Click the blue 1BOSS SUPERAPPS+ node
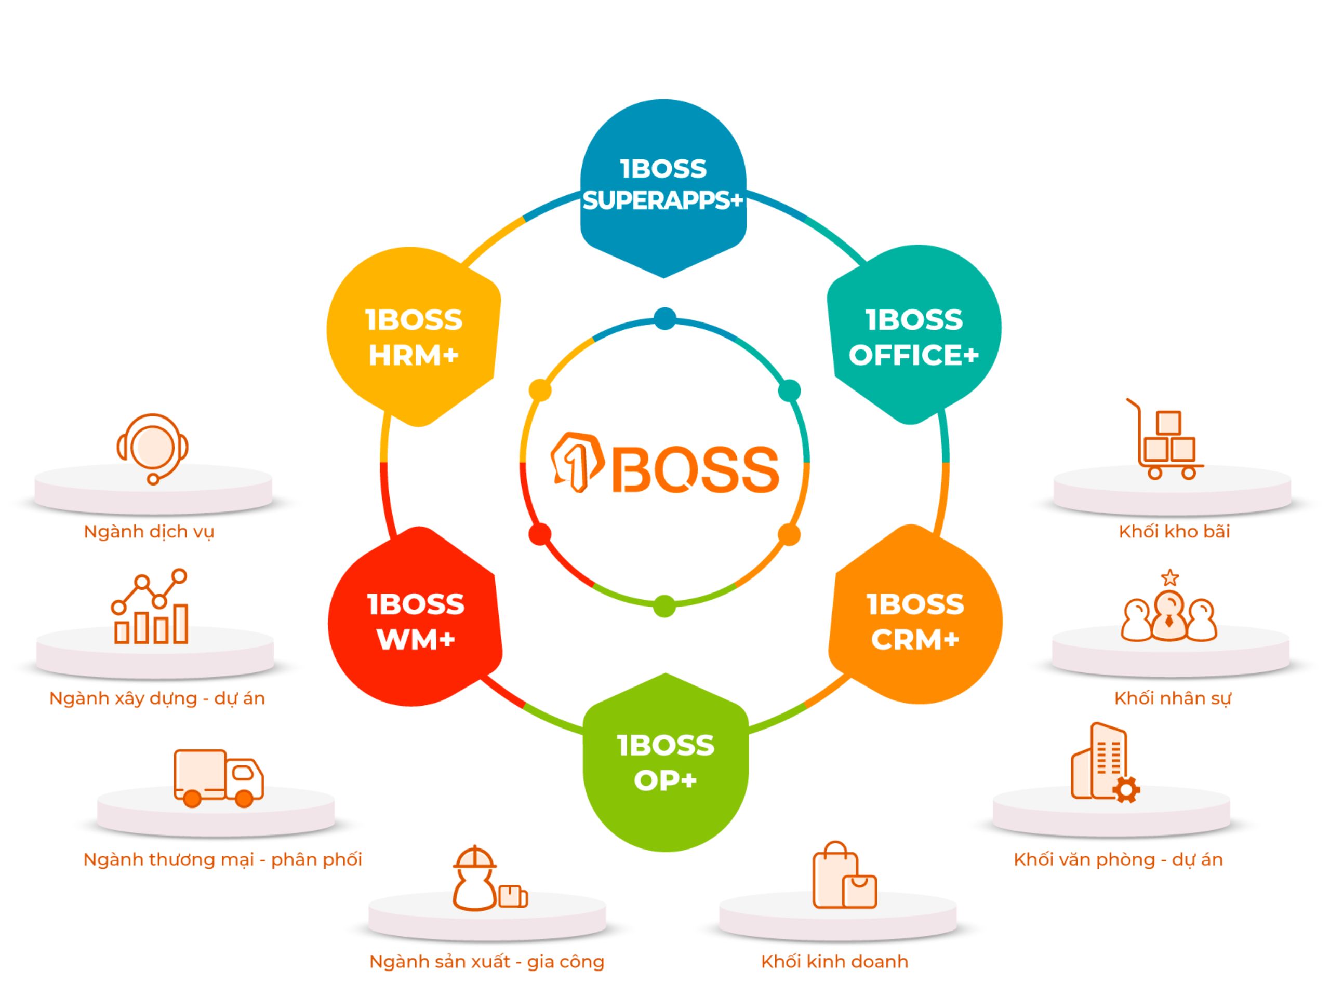tap(663, 186)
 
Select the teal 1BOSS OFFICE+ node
tap(913, 336)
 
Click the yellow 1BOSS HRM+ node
tap(414, 336)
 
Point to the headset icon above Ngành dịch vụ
tap(152, 448)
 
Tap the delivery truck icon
tap(218, 778)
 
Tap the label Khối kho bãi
tap(1174, 531)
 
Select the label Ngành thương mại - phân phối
tap(222, 859)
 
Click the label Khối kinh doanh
tap(834, 962)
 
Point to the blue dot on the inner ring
tap(664, 318)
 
